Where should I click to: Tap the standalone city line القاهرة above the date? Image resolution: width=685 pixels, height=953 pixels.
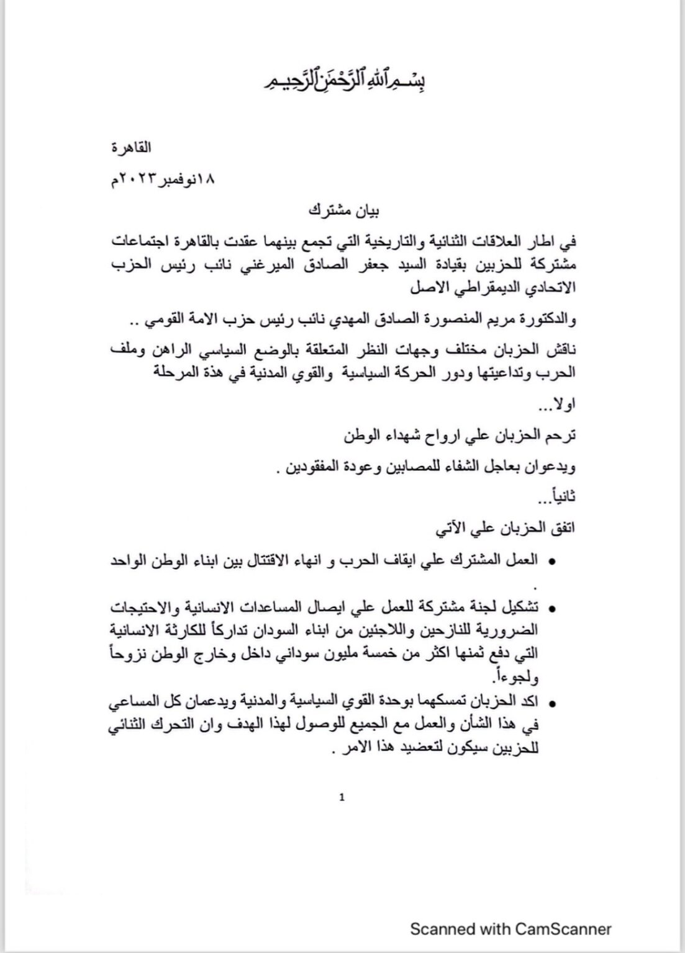(130, 148)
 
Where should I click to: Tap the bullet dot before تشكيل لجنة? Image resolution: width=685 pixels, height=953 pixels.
(552, 608)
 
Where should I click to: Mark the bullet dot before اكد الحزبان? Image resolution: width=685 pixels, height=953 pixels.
(552, 704)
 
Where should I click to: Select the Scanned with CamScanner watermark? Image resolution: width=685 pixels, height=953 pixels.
(510, 929)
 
